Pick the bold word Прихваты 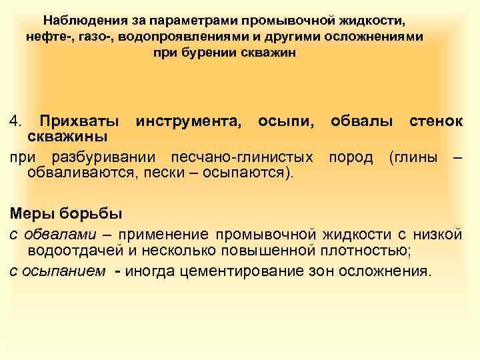click(x=80, y=122)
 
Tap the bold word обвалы click(x=360, y=122)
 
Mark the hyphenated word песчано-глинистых click(x=242, y=158)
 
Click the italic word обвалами click(x=57, y=235)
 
